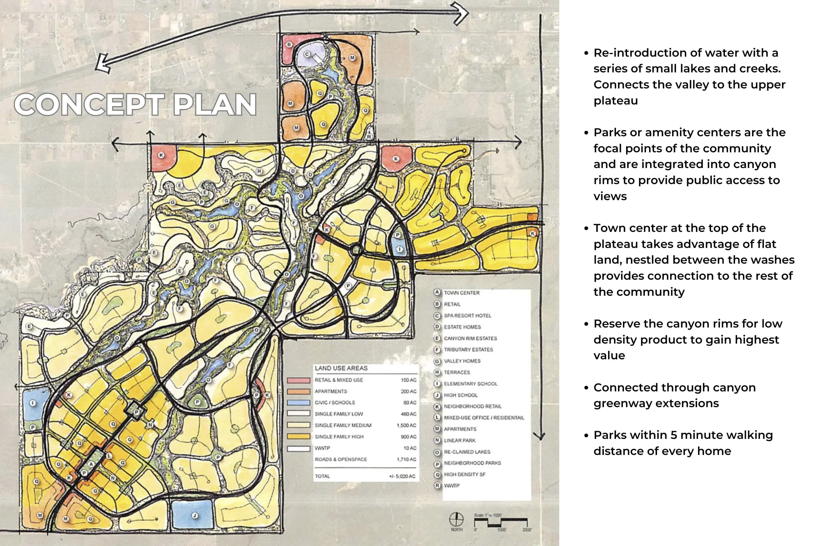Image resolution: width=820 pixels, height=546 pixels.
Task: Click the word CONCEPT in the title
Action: pos(89,104)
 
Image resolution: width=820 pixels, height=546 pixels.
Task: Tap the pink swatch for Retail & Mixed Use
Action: pos(298,380)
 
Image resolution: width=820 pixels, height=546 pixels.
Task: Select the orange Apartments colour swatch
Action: pos(298,391)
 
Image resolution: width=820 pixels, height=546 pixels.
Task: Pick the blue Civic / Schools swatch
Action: pos(298,403)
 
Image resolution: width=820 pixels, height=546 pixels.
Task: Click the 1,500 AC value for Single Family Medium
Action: pos(406,425)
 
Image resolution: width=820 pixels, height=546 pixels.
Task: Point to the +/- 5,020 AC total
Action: pos(402,476)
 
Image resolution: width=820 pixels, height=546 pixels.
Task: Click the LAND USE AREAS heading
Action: pos(341,368)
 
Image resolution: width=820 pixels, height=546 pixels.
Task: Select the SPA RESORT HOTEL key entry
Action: pos(467,316)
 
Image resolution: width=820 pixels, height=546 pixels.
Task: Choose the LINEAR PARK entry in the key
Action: pos(460,441)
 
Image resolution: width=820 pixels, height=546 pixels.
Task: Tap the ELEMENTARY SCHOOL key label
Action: pos(470,384)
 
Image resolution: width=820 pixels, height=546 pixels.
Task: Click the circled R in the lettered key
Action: pos(437,485)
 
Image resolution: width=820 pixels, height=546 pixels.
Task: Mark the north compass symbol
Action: pos(456,520)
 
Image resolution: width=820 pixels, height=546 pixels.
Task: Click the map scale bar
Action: pos(501,522)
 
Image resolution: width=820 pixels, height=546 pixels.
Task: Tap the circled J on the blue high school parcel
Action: pos(195,516)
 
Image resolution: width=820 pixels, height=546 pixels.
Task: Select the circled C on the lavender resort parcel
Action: pos(307,54)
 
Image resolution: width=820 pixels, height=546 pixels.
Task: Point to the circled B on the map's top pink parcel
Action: pos(289,45)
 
